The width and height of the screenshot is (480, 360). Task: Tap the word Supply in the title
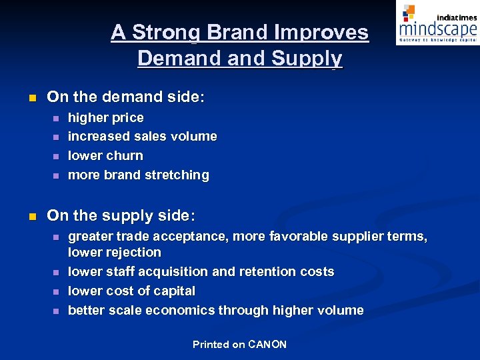pos(307,59)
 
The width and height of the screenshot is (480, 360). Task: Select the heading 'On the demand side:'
pos(126,97)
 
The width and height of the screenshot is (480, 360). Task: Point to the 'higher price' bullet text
pos(106,117)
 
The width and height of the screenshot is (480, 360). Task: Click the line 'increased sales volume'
pos(143,136)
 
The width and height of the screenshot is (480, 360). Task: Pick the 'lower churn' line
pos(105,155)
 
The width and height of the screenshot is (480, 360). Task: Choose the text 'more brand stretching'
pos(139,175)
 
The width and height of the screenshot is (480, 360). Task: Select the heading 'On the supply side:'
pos(121,215)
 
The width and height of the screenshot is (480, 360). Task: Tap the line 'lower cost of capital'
pos(132,291)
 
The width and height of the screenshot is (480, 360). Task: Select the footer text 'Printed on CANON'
pos(239,344)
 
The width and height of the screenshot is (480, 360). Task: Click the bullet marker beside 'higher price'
pos(55,118)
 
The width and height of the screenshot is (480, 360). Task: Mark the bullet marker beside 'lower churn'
pos(55,156)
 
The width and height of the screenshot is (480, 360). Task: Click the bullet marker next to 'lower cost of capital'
pos(55,291)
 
